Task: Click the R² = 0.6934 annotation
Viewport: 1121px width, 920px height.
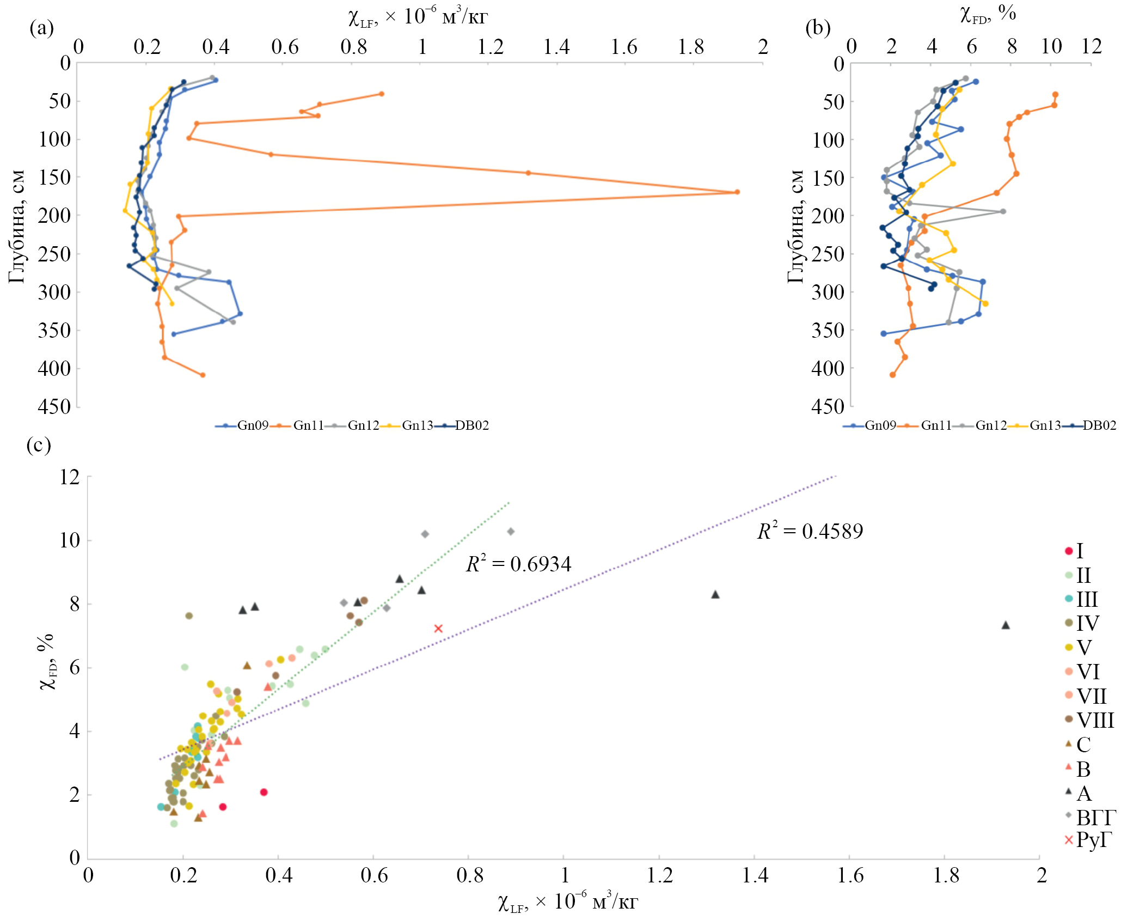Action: pos(518,564)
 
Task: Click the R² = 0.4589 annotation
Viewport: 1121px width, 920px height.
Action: pos(810,531)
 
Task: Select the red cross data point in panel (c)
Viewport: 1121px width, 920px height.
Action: pos(438,629)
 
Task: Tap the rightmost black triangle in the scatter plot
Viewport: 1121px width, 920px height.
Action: pos(1006,625)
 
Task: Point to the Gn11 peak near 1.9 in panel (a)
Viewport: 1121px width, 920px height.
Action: pos(737,192)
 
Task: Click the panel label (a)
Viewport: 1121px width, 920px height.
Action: pos(41,27)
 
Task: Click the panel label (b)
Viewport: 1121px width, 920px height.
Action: pos(818,27)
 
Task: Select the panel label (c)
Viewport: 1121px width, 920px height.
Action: pos(38,446)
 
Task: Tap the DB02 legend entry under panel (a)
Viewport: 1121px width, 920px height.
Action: pos(471,425)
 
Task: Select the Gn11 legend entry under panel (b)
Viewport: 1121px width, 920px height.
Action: pos(935,425)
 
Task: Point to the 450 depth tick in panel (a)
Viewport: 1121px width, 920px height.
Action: pos(54,406)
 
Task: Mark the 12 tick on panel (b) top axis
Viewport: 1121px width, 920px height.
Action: pos(1091,47)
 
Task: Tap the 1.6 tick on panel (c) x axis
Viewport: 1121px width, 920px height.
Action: pos(850,875)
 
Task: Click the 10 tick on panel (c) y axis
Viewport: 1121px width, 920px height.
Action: pos(70,540)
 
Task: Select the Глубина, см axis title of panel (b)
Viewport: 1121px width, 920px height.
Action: pos(795,226)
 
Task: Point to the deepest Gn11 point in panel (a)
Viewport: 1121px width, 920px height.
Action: pos(203,375)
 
